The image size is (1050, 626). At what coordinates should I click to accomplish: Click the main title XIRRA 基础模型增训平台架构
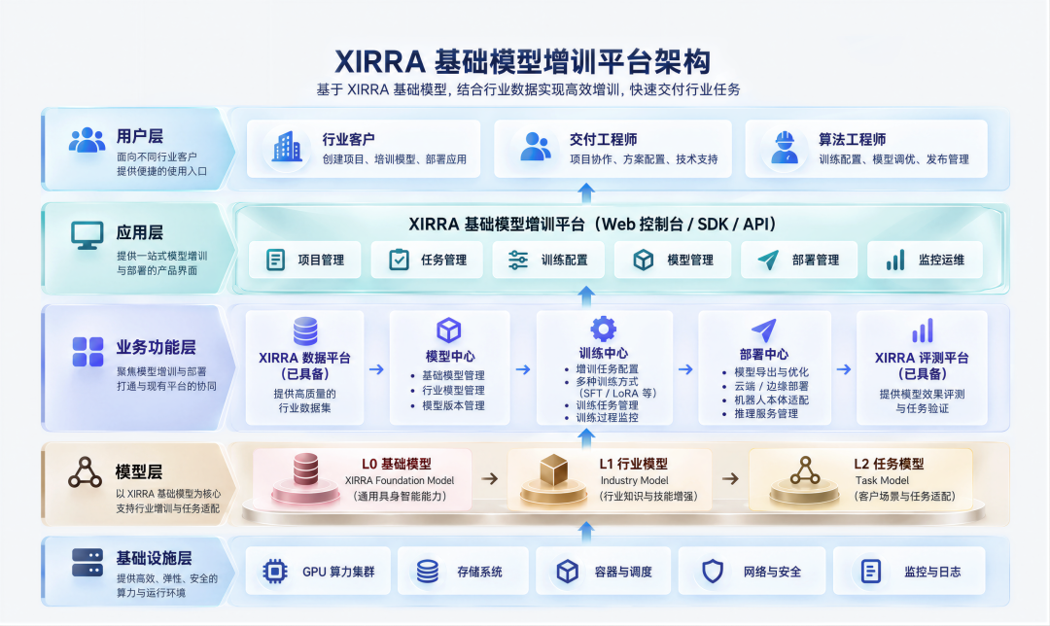pyautogui.click(x=522, y=61)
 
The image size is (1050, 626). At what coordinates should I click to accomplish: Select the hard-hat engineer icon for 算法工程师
pyautogui.click(x=785, y=148)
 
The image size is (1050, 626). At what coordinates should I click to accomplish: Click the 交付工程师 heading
pyautogui.click(x=603, y=139)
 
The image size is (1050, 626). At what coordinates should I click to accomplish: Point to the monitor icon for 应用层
pyautogui.click(x=87, y=235)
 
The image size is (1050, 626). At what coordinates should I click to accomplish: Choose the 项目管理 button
pyautogui.click(x=304, y=260)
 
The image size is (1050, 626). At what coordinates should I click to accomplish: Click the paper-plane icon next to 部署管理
pyautogui.click(x=768, y=260)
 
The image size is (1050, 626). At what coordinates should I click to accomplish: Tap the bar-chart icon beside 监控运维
pyautogui.click(x=895, y=260)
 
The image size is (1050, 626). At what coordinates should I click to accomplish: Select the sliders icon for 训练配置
pyautogui.click(x=517, y=260)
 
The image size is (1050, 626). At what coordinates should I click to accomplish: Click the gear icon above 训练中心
pyautogui.click(x=604, y=329)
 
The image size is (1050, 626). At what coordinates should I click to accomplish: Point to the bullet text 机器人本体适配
pyautogui.click(x=771, y=400)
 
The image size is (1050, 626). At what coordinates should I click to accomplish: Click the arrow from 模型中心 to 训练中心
pyautogui.click(x=523, y=369)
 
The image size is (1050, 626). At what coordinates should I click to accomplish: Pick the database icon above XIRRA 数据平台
pyautogui.click(x=305, y=331)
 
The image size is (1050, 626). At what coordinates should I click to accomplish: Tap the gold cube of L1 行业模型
pyautogui.click(x=554, y=470)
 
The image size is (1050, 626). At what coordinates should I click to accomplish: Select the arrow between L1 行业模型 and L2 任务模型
pyautogui.click(x=730, y=478)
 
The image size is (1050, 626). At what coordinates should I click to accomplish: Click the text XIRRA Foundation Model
pyautogui.click(x=400, y=480)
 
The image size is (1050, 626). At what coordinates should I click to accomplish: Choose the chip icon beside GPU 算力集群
pyautogui.click(x=274, y=572)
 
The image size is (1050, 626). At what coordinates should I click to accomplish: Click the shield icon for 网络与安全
pyautogui.click(x=713, y=572)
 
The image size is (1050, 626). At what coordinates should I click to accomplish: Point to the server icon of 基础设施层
pyautogui.click(x=87, y=563)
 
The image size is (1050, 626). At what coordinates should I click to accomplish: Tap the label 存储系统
pyautogui.click(x=479, y=572)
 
